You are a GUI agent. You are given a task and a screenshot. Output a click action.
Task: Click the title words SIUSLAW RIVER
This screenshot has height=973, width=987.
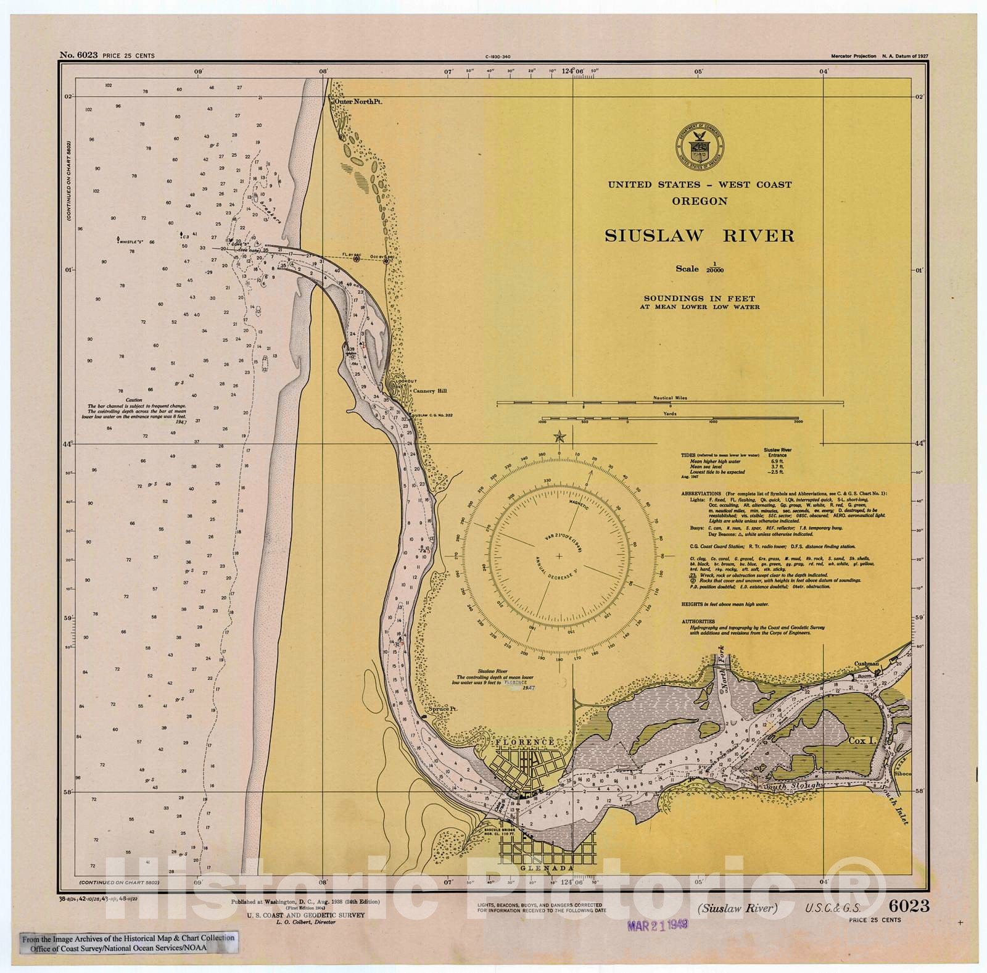coord(699,236)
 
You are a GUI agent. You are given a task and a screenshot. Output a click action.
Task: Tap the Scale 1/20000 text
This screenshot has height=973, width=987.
coord(699,269)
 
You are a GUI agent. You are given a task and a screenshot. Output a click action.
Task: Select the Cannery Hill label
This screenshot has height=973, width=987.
coord(430,391)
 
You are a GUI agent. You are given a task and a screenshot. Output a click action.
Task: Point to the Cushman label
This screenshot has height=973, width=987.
coord(866,664)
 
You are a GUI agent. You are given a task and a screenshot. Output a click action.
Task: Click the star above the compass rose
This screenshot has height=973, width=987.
coord(560,437)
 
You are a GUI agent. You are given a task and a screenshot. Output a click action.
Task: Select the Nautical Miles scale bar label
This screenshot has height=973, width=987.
coord(671,398)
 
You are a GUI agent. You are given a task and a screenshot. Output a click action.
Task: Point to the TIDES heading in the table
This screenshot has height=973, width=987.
coord(688,455)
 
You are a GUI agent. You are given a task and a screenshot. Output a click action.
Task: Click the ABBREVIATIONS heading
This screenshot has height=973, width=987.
coord(701,494)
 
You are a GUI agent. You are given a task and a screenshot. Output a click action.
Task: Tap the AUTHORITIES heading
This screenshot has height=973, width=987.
coord(698,621)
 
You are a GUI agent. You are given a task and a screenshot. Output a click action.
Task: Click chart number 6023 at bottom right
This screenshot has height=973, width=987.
coord(909,905)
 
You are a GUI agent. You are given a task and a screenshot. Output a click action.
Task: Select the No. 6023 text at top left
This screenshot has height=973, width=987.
coord(78,55)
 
